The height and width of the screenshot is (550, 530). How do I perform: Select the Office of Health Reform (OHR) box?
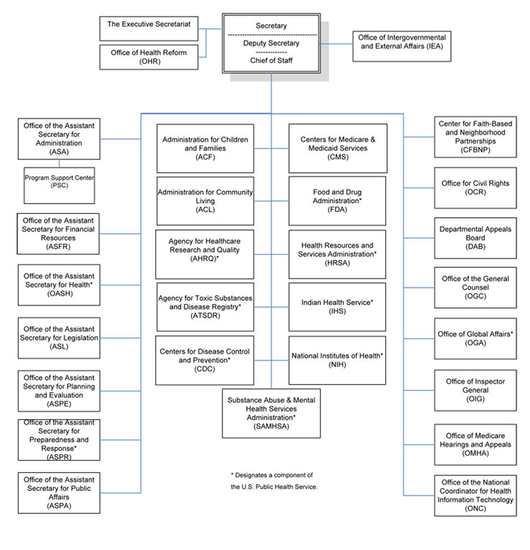[x=149, y=57]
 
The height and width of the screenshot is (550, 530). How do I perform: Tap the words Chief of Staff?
[x=271, y=60]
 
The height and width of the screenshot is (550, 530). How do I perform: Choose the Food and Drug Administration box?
[x=337, y=200]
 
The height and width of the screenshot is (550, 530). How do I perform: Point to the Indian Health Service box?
[x=337, y=306]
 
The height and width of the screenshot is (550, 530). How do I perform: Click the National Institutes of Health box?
[x=337, y=360]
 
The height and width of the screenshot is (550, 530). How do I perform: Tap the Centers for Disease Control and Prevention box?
[x=205, y=360]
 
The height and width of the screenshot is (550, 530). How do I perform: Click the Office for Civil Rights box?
[x=475, y=188]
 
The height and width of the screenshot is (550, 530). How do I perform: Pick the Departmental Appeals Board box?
[x=475, y=238]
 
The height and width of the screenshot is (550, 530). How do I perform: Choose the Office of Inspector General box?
[x=475, y=390]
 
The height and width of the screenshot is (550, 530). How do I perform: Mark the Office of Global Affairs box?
[x=475, y=339]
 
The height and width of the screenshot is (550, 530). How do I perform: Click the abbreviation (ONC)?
[x=475, y=508]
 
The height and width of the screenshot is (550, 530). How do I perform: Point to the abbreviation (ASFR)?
[x=59, y=246]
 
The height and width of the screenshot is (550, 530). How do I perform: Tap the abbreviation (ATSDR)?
[x=205, y=315]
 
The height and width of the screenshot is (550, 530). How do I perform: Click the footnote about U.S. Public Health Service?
[x=273, y=481]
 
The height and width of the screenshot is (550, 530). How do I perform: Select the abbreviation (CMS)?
[x=337, y=157]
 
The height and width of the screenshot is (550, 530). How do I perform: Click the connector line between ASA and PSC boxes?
[x=59, y=163]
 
